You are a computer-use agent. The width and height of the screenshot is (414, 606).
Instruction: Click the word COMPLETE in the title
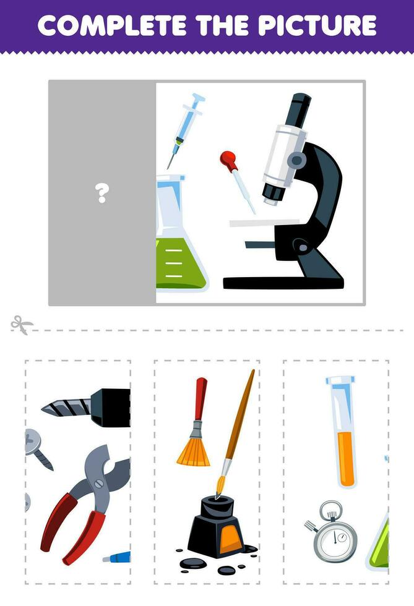(109, 25)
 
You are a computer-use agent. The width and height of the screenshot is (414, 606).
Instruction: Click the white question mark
(102, 194)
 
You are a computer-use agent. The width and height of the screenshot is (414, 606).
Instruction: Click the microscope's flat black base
(283, 283)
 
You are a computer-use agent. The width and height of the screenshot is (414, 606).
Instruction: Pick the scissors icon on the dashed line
(22, 325)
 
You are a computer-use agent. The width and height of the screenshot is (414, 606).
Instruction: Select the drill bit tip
(53, 408)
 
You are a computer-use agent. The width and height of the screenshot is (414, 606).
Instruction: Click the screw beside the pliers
(37, 448)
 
